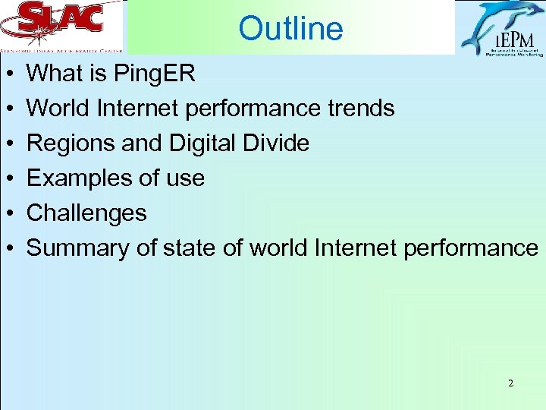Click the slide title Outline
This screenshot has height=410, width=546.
(x=290, y=29)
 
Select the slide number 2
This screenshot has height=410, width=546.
(x=510, y=383)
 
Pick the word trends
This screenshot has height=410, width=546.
(x=358, y=109)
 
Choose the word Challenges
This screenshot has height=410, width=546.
(x=86, y=213)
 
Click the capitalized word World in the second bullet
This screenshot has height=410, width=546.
(x=58, y=109)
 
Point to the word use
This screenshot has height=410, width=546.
(x=186, y=179)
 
